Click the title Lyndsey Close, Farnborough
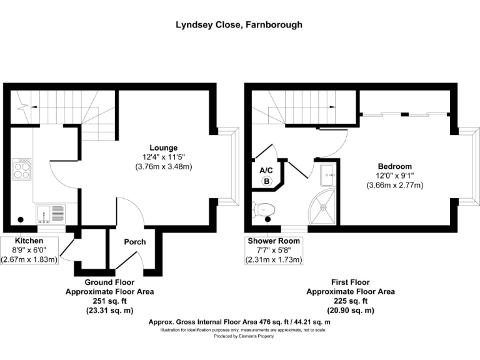pos(239,25)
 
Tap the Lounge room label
pos(164,148)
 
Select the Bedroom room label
pos(395,166)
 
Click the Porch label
pos(135,242)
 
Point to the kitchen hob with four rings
pos(22,169)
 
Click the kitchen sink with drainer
pos(51,213)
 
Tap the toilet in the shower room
pos(263,210)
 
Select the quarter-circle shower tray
pos(322,207)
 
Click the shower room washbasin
pos(328,175)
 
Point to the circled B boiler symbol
pos(267,181)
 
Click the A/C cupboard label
pos(266,171)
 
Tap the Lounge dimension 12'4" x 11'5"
pos(164,157)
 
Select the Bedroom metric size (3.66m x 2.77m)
pos(395,185)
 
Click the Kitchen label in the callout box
pos(29,241)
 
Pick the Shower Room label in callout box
pos(274,241)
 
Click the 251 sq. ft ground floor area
pos(109,301)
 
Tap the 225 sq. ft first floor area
pos(351,301)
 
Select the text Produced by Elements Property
pos(244,336)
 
